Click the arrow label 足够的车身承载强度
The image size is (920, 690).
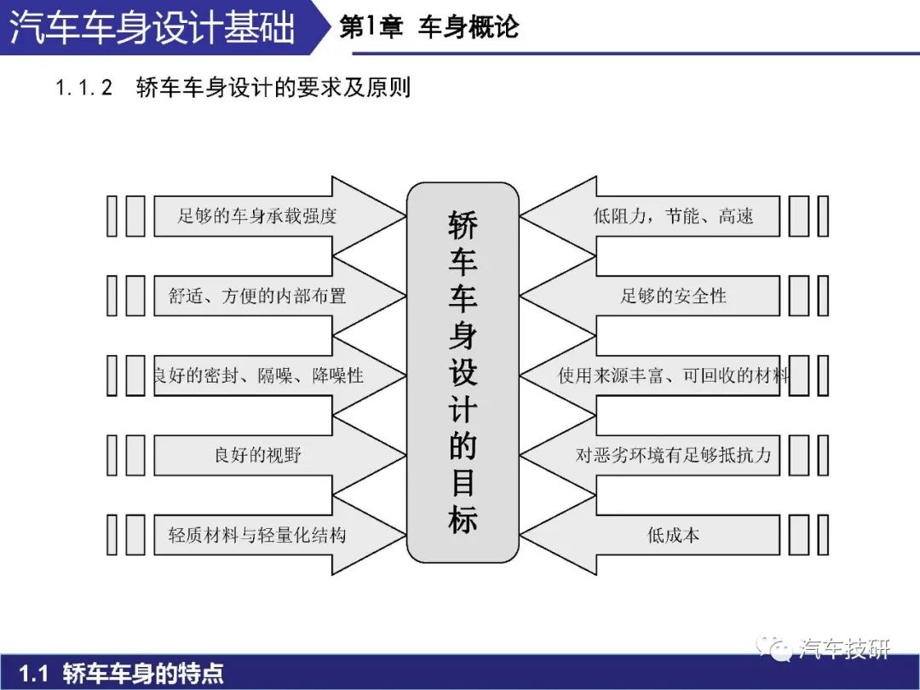(257, 216)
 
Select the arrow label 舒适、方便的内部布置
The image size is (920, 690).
(257, 296)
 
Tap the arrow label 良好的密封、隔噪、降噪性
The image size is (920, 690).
(259, 376)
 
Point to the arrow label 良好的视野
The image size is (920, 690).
(257, 455)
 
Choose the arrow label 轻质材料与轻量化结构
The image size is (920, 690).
(257, 534)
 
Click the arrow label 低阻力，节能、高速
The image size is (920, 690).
(673, 216)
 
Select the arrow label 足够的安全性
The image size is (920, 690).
(673, 296)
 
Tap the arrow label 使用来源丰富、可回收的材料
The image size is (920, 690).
(674, 376)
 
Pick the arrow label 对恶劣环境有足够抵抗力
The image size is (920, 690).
(673, 455)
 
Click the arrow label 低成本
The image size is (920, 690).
(673, 534)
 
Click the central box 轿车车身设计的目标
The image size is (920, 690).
(463, 372)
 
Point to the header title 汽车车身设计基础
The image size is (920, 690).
(152, 27)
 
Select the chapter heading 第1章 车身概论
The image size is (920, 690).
(428, 27)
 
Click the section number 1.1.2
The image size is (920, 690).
(83, 88)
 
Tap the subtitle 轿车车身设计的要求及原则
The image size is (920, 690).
(273, 88)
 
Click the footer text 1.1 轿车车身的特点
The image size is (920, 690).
(121, 672)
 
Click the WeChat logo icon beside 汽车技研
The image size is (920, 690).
(774, 647)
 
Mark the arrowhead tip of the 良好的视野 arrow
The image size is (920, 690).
(406, 455)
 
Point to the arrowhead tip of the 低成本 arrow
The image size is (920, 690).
(520, 534)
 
